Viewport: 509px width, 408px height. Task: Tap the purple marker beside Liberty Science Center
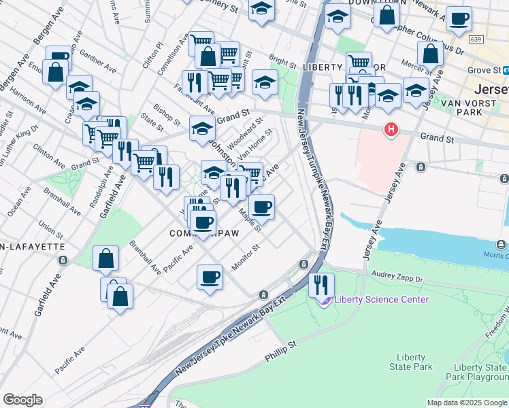(326, 300)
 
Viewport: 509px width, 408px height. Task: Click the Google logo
(22, 400)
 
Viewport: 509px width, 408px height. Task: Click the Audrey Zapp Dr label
(398, 277)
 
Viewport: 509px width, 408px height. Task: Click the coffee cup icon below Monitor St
(210, 277)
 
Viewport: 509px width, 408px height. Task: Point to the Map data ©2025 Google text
(467, 403)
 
